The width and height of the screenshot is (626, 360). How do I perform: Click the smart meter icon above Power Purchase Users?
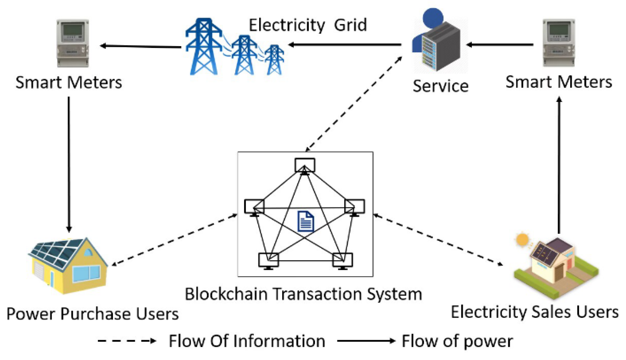point(73,43)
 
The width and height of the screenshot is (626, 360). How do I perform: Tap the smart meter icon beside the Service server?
point(558,43)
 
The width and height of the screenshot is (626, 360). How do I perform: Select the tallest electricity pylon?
point(204,47)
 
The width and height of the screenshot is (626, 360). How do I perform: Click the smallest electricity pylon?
point(274,60)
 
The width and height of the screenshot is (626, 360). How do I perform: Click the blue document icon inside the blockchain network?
point(306,221)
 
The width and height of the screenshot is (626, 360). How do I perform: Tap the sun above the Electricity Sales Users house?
point(522,240)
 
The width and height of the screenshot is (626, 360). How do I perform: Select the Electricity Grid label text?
point(307,25)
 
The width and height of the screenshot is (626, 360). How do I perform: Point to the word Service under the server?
point(441,86)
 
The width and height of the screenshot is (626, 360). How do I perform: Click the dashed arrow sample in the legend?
point(127,341)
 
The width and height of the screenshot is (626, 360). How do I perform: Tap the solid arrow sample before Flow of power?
point(366,341)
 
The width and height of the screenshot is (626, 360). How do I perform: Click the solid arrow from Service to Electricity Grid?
point(344,45)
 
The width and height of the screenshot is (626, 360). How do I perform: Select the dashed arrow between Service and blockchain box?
point(354,104)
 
